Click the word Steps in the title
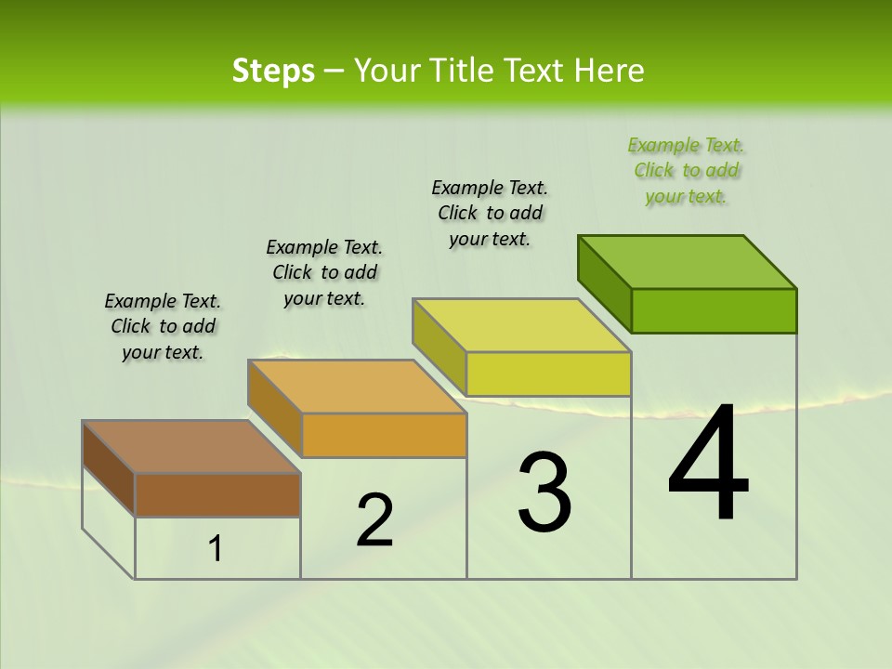(x=273, y=71)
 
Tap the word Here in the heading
(x=610, y=71)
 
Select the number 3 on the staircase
(x=544, y=492)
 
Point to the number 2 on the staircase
(x=374, y=520)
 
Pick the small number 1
(x=216, y=549)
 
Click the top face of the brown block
(x=191, y=447)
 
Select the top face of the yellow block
(x=521, y=325)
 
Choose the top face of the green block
(x=687, y=262)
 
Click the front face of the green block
(x=714, y=310)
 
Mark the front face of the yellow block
(x=548, y=374)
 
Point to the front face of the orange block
(x=384, y=435)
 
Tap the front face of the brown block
(x=217, y=494)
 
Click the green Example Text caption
(x=687, y=170)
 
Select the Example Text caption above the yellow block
(x=490, y=213)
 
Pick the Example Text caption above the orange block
(x=324, y=272)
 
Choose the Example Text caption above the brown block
(x=163, y=326)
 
